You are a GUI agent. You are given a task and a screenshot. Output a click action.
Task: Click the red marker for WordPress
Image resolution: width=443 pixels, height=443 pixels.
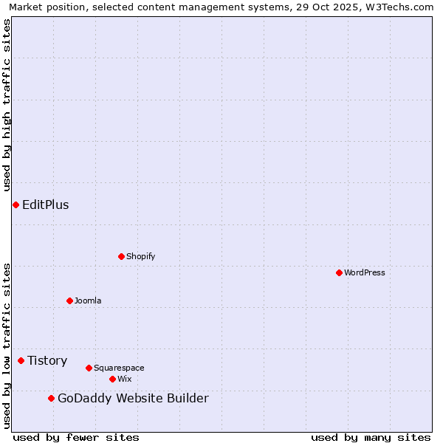(x=339, y=272)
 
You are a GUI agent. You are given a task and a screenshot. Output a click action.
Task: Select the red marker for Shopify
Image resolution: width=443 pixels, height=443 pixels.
(x=121, y=256)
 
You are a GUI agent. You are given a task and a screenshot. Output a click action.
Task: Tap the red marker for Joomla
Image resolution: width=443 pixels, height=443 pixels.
(x=69, y=301)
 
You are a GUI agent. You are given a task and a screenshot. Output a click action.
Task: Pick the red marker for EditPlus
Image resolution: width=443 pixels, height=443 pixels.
(x=16, y=205)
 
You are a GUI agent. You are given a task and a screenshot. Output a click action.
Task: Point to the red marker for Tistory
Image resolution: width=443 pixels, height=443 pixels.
(x=21, y=360)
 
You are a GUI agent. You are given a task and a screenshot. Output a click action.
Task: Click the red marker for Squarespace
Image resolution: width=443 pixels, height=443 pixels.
(x=89, y=368)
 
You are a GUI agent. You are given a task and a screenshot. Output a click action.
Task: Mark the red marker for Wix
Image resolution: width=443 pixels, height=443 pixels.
(x=112, y=379)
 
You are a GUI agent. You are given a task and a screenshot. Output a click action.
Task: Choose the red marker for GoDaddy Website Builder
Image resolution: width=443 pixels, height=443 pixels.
(x=51, y=398)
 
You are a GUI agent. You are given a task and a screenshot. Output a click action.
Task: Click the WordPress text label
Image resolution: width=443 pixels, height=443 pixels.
(x=365, y=272)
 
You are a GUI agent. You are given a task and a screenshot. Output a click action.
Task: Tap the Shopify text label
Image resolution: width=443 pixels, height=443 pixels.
(x=140, y=256)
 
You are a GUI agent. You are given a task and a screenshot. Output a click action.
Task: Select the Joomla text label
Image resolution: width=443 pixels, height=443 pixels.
(x=88, y=301)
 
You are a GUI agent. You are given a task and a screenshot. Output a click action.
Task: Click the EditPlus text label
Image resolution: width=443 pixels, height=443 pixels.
(x=46, y=205)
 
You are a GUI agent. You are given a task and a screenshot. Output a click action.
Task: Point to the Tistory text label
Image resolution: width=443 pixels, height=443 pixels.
(x=47, y=360)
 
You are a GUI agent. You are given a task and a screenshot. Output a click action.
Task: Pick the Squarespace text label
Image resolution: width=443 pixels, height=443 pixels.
(x=119, y=368)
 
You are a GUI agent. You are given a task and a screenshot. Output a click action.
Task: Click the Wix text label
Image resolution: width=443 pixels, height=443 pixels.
(x=125, y=379)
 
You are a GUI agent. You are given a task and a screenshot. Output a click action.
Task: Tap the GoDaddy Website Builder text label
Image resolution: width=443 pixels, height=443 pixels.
(x=133, y=399)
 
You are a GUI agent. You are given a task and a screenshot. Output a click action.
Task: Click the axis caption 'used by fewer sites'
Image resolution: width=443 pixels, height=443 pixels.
(x=76, y=437)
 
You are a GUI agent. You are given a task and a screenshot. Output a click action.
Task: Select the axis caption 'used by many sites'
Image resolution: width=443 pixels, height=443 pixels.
(x=371, y=437)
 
